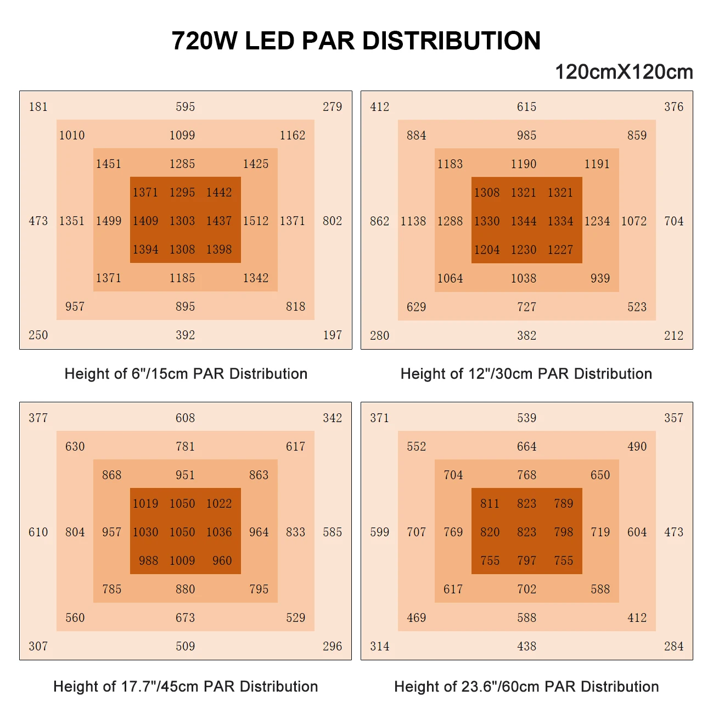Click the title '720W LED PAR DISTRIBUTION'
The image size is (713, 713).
point(356,41)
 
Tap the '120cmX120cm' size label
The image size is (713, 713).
point(624,72)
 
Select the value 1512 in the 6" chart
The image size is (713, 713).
point(256,221)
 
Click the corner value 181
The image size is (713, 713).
point(38,107)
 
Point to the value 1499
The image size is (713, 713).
point(109,221)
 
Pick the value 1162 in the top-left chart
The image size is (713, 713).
point(293,136)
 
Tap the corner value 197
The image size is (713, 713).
point(333,335)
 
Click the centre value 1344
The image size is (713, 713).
point(524,221)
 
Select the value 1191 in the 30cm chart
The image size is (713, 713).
point(597,164)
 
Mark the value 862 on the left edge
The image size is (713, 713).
point(380,221)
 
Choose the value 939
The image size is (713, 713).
point(600,278)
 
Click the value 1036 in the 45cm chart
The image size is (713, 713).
point(219,532)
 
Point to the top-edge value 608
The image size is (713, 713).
point(186,418)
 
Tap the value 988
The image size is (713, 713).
point(148,561)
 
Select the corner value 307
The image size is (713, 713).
point(38,647)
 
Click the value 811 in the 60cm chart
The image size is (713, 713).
point(490,504)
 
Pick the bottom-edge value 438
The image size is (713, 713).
point(527,647)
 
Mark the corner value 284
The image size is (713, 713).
point(674,647)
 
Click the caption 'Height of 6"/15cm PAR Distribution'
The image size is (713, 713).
point(186,374)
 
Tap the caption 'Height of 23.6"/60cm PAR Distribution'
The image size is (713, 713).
point(526,687)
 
